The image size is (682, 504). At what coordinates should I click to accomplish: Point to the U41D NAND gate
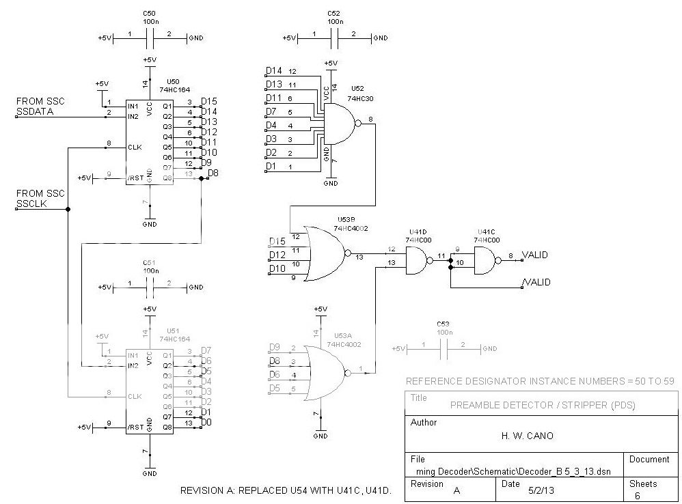click(x=417, y=259)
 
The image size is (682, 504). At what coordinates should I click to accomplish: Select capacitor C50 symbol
click(x=150, y=38)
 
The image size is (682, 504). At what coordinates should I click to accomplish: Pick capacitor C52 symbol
click(x=333, y=38)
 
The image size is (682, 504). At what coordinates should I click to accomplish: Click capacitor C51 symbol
click(x=150, y=288)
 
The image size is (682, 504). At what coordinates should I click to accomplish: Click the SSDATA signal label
click(x=35, y=111)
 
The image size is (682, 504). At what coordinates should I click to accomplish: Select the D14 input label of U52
click(x=274, y=71)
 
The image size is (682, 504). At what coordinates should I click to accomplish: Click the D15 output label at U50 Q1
click(x=209, y=102)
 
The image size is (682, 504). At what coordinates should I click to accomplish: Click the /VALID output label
click(x=536, y=282)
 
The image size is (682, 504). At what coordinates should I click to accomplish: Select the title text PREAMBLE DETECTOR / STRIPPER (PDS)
click(x=543, y=405)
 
